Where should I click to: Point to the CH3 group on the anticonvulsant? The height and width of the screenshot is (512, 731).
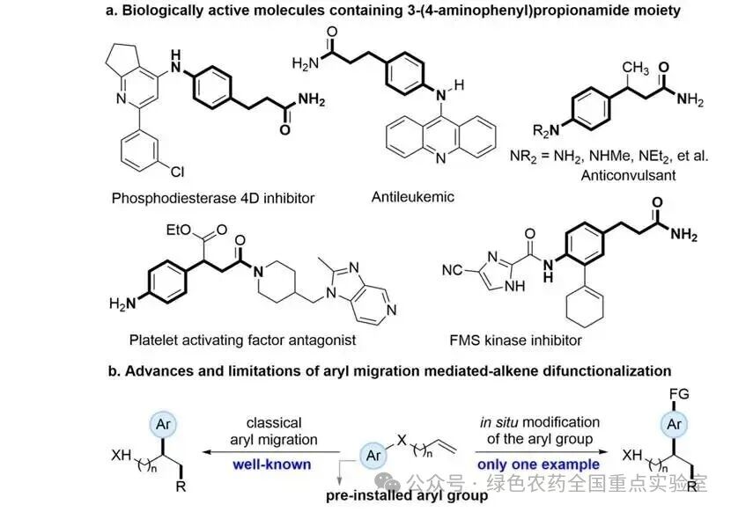tap(635, 68)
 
